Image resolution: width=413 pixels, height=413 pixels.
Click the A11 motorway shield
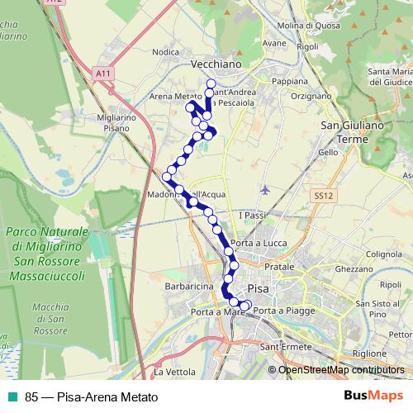click(103, 74)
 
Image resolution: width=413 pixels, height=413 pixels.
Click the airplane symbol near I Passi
click(264, 190)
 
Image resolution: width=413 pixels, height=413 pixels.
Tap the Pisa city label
click(259, 289)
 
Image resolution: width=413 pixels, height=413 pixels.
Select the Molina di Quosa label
click(311, 26)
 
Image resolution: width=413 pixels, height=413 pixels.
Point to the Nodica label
click(166, 52)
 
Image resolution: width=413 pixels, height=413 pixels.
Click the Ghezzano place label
click(354, 269)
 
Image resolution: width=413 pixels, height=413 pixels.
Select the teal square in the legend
click(12, 396)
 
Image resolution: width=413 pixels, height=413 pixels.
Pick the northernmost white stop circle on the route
click(211, 83)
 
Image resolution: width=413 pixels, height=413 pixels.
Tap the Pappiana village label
click(289, 82)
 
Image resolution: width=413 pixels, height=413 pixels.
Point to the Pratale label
click(280, 269)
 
